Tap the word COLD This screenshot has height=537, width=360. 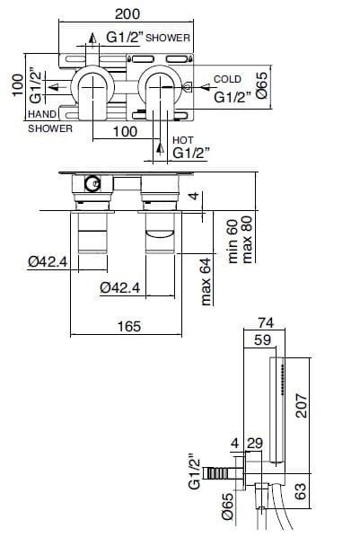click(227, 80)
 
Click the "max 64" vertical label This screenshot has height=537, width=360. click(206, 280)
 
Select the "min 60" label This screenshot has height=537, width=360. click(231, 241)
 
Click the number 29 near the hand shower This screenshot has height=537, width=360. click(254, 443)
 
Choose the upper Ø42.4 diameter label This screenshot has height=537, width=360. click(47, 261)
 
